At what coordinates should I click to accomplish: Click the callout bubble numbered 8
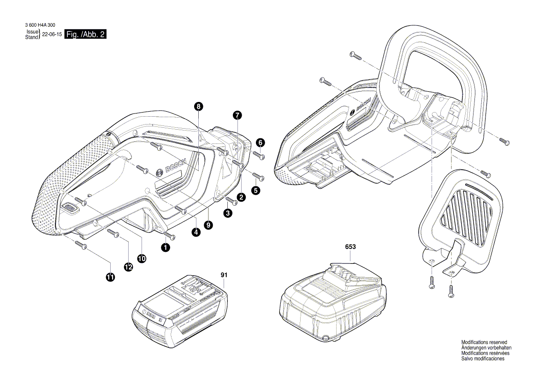pyautogui.click(x=198, y=107)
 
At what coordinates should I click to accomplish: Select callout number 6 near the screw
pyautogui.click(x=260, y=143)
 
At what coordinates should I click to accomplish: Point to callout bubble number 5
pyautogui.click(x=255, y=190)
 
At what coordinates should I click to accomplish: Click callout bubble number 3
pyautogui.click(x=228, y=213)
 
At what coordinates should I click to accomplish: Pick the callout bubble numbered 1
pyautogui.click(x=165, y=247)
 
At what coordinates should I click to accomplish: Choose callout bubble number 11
pyautogui.click(x=110, y=277)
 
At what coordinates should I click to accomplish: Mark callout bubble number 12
pyautogui.click(x=128, y=267)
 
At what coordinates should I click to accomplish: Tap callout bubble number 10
pyautogui.click(x=141, y=259)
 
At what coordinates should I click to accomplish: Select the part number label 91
pyautogui.click(x=224, y=275)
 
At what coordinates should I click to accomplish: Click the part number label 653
pyautogui.click(x=350, y=247)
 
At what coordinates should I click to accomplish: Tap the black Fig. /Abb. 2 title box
pyautogui.click(x=86, y=35)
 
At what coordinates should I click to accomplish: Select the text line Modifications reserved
pyautogui.click(x=484, y=342)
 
